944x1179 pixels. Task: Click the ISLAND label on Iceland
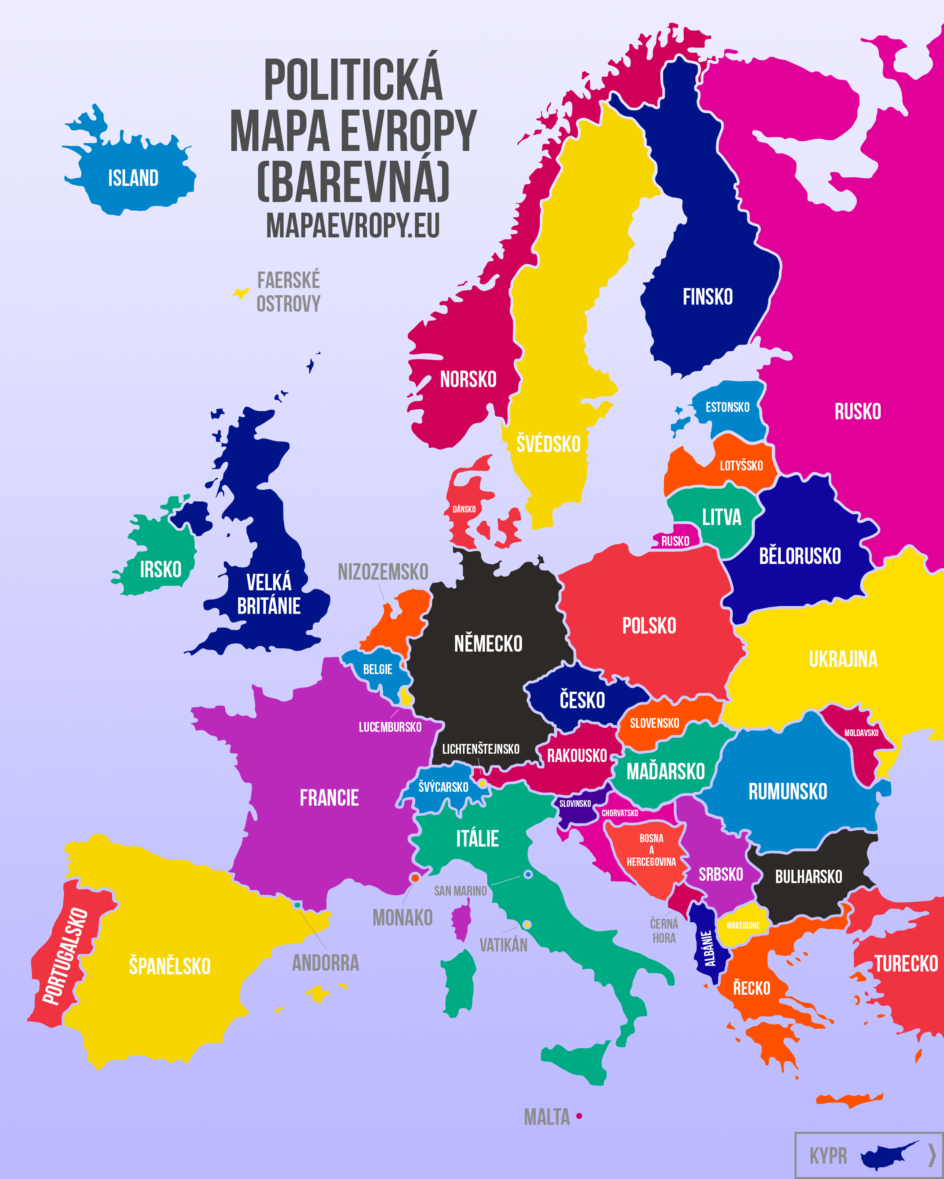point(133,178)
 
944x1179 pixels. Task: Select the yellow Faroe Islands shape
point(241,294)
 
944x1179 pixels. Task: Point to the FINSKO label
point(707,297)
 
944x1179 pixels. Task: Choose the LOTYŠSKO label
point(741,466)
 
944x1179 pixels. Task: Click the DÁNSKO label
point(464,509)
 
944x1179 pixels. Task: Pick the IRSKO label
point(160,570)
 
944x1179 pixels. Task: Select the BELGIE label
point(378,669)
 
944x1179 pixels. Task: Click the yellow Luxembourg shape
point(406,697)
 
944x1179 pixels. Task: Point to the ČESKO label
point(582,700)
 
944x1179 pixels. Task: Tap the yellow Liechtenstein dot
point(482,784)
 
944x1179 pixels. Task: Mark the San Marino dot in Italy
point(527,875)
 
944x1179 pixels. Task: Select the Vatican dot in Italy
point(526,925)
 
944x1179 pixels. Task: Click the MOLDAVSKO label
point(861,733)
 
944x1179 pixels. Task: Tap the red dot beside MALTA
point(579,1116)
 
